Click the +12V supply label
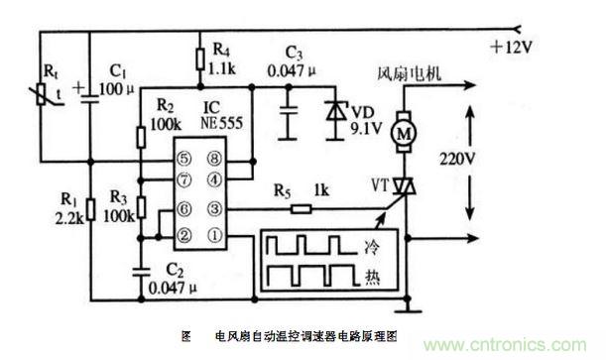[511, 48]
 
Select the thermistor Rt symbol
[42, 94]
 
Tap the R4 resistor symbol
[199, 59]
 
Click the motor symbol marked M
[404, 132]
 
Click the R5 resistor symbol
[301, 209]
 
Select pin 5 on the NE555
[183, 159]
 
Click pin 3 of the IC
[215, 209]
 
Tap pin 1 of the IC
[215, 235]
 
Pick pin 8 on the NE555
[215, 159]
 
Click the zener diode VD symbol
[334, 112]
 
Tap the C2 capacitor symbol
[141, 271]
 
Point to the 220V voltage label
[457, 159]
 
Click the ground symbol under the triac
[408, 307]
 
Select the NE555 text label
[222, 123]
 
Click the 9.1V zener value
[366, 128]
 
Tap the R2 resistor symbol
[141, 137]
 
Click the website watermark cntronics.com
[505, 344]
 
